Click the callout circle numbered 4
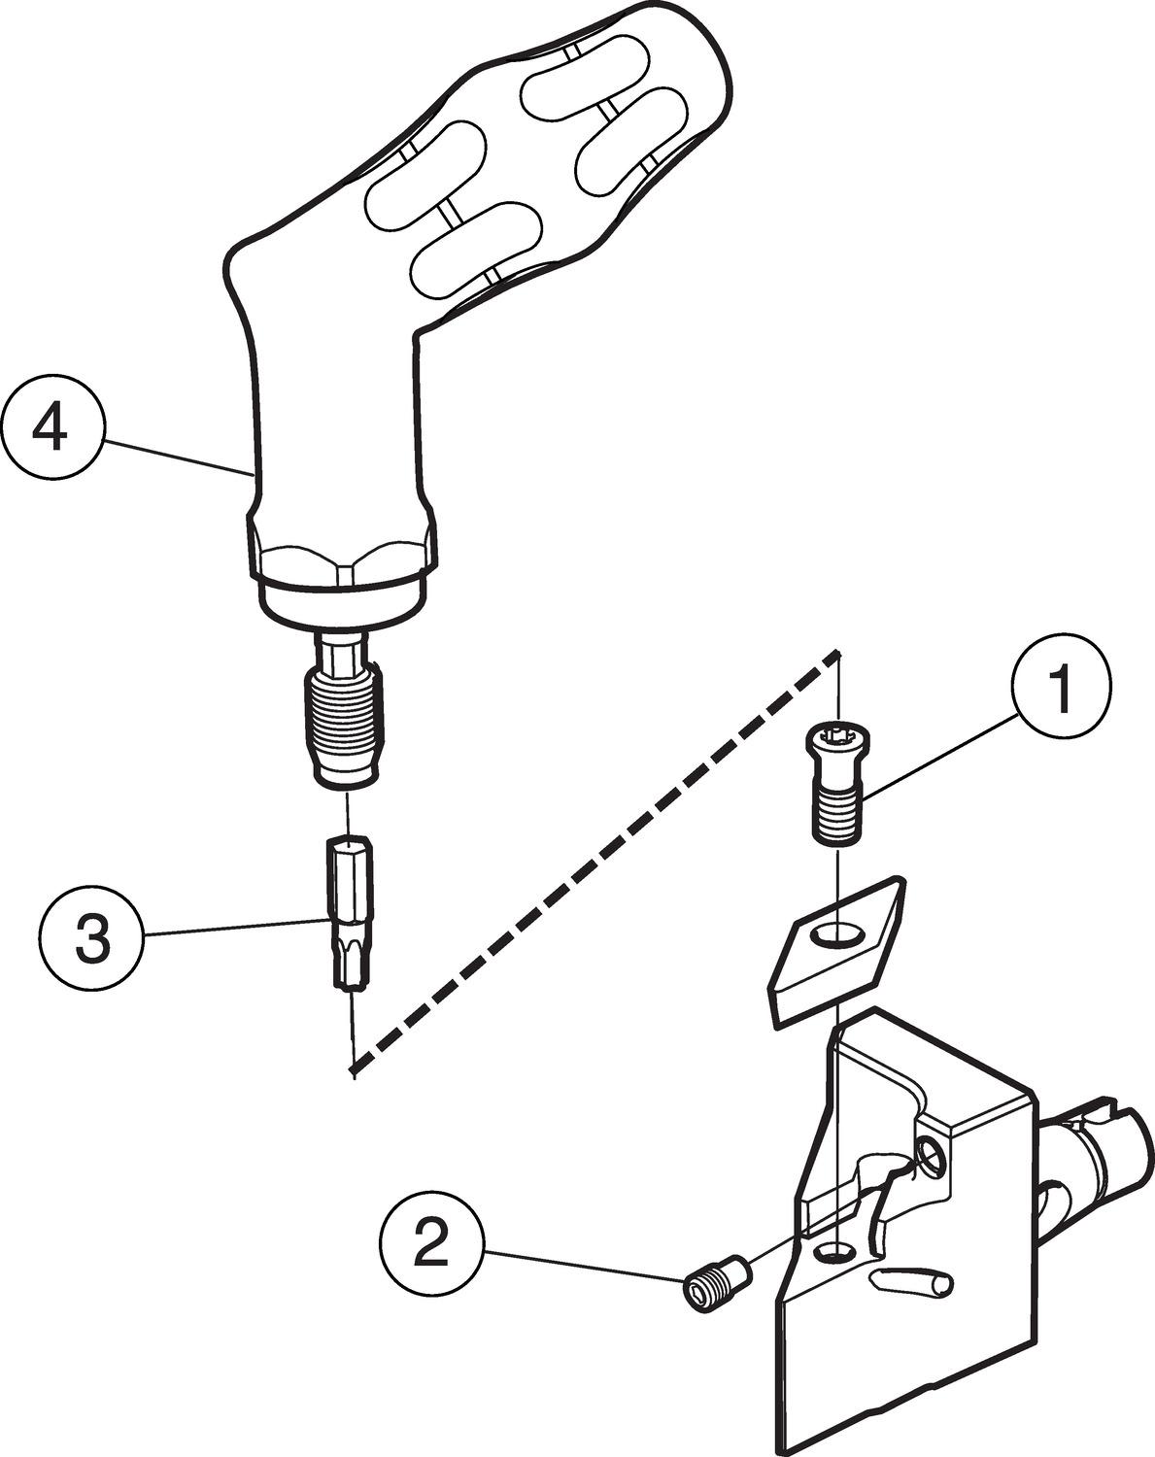coord(51,429)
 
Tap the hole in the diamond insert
coord(838,934)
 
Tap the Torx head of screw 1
coord(828,742)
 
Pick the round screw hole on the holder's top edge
coord(930,1155)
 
